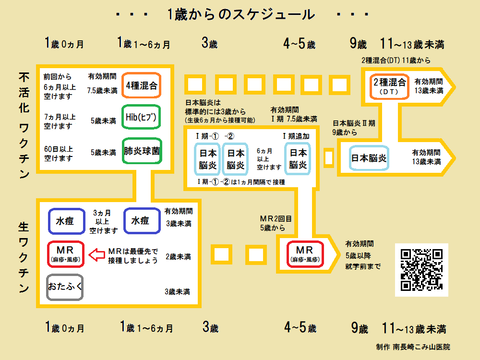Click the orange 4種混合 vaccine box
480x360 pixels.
(x=141, y=86)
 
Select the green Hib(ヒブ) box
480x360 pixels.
(x=141, y=117)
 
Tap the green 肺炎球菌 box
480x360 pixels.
(x=141, y=151)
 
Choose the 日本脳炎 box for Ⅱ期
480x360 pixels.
(x=369, y=157)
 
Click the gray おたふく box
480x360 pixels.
(x=65, y=287)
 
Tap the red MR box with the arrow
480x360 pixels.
(x=66, y=253)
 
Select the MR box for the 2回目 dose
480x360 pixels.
(x=305, y=253)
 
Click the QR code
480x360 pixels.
(x=421, y=270)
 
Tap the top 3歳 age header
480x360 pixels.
(x=209, y=44)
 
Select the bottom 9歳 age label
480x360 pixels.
(x=359, y=329)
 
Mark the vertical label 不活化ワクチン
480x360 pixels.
(x=24, y=125)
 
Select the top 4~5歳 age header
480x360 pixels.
(x=299, y=44)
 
